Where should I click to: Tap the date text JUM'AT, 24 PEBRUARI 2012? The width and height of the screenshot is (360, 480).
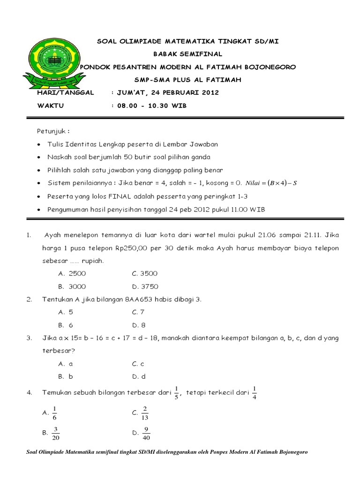(167, 93)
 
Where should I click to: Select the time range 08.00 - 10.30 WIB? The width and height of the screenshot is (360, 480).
(151, 106)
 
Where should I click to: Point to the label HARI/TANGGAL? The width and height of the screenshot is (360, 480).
(65, 93)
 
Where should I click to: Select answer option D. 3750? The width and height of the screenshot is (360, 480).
(145, 286)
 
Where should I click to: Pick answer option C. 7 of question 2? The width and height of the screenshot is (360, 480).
(138, 312)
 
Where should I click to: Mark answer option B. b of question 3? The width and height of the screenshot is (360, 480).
(66, 376)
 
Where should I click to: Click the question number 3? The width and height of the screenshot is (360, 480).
(29, 337)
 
